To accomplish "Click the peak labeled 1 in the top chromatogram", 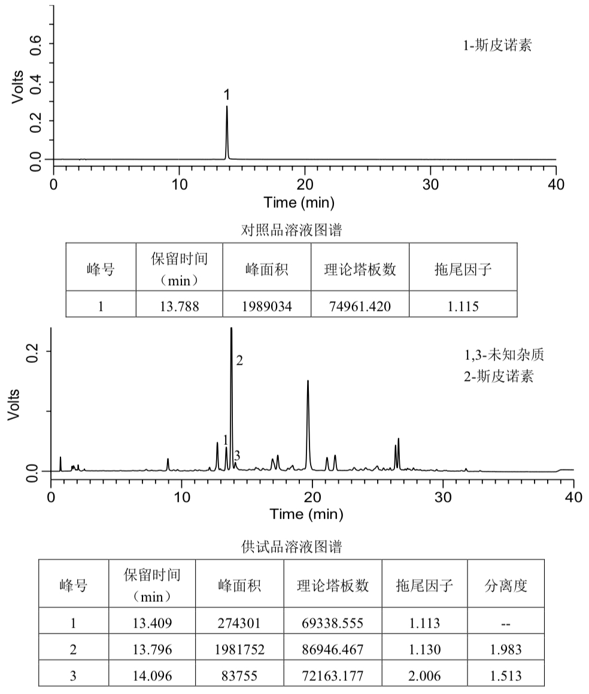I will [x=227, y=108].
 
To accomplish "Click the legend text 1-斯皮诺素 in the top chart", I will [x=497, y=46].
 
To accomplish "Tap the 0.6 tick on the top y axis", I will [x=37, y=44].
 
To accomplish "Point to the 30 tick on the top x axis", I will [x=430, y=184].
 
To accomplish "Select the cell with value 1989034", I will [x=266, y=307].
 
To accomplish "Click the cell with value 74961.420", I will [x=360, y=307].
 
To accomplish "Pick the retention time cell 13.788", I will [x=179, y=307].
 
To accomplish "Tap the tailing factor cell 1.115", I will [x=463, y=307].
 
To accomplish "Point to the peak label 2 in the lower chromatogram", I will [x=239, y=360].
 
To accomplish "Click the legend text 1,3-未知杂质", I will [x=503, y=355].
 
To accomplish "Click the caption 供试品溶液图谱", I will [x=291, y=546].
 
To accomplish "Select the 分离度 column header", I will [x=505, y=586].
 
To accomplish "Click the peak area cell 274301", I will [x=240, y=623].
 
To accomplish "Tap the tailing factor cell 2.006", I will [x=424, y=676].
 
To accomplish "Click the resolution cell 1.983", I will [x=505, y=650].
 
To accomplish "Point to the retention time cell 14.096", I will [x=152, y=676].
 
